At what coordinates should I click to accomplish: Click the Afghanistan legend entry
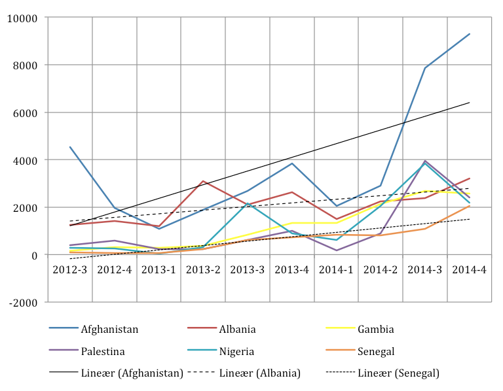[109, 330]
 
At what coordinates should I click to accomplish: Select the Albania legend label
[238, 330]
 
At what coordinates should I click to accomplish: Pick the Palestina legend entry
[102, 352]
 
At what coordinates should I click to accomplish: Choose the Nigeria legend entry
[236, 352]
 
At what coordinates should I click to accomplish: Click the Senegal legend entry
[377, 352]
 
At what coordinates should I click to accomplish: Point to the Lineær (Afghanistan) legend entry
[131, 373]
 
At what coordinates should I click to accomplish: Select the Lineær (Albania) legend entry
[259, 373]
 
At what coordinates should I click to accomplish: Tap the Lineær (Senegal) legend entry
[398, 373]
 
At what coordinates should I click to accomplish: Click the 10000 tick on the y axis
[22, 18]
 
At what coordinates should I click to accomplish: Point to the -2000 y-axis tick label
[22, 302]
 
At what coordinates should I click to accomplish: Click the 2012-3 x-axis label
[70, 269]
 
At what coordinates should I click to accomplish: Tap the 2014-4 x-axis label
[470, 269]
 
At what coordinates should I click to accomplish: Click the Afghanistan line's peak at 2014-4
[470, 34]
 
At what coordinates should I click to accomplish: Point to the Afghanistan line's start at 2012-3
[70, 147]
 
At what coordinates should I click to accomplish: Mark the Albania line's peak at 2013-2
[203, 181]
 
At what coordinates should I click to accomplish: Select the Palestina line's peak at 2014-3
[425, 161]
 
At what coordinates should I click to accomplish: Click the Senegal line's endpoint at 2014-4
[470, 206]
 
